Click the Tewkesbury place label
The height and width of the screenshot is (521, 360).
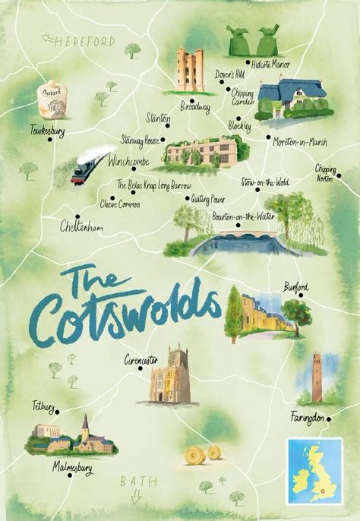click(46, 131)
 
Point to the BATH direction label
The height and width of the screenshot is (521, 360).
click(137, 481)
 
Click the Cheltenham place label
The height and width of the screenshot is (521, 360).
click(84, 226)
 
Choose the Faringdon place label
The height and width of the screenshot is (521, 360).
click(308, 416)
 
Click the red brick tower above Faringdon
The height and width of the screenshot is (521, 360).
click(317, 377)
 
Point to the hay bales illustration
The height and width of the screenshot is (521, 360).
click(203, 454)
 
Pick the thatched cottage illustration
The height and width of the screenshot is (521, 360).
click(290, 100)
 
